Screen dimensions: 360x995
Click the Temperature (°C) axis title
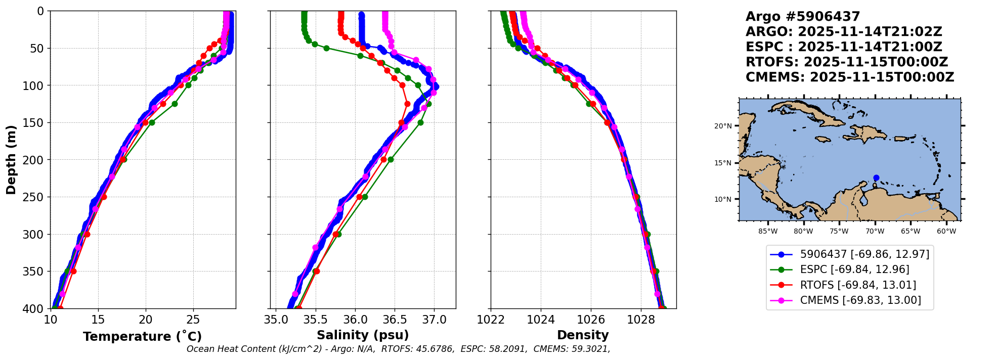(x=142, y=336)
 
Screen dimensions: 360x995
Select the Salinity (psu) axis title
(x=363, y=335)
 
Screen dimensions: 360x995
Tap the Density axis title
(x=583, y=335)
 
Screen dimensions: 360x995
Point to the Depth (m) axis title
(x=11, y=160)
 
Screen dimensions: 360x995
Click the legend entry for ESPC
(x=854, y=269)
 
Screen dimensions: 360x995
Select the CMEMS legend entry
(x=860, y=300)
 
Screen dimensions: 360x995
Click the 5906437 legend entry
(x=864, y=254)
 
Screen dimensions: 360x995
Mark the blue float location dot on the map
(x=876, y=177)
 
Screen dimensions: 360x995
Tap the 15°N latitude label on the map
(x=722, y=163)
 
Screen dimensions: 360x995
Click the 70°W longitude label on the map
(x=875, y=232)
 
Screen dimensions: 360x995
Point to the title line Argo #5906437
(x=802, y=17)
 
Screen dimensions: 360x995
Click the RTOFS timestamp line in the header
(x=846, y=62)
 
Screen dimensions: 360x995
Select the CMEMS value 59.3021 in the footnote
(x=590, y=349)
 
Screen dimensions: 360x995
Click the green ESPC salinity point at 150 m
(x=420, y=122)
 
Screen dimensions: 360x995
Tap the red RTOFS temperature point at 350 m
(x=73, y=271)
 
